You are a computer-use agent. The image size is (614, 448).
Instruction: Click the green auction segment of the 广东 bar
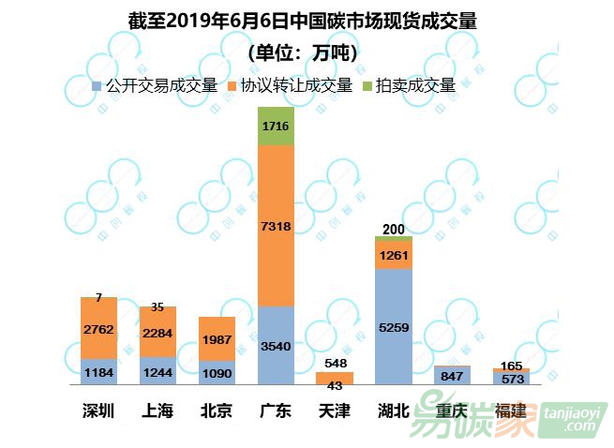[276, 126]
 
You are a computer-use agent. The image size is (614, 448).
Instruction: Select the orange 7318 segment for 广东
[276, 226]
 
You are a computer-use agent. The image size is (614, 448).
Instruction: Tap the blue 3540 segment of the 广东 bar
[276, 345]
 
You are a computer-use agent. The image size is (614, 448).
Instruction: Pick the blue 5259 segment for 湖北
[394, 326]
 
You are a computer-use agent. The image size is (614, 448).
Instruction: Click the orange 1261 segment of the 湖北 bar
[394, 255]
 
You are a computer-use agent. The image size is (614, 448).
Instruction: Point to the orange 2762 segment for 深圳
[98, 328]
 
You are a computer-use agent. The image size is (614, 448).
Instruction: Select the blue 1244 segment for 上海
[157, 371]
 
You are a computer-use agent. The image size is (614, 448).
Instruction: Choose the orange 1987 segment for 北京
[217, 338]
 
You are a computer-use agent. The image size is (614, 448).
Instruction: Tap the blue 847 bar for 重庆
[453, 376]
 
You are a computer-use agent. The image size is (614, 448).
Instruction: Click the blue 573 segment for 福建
[511, 379]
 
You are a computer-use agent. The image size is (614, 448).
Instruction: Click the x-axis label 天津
[335, 411]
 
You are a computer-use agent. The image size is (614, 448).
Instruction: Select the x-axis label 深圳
[98, 411]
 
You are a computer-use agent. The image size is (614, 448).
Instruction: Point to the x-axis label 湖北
[394, 411]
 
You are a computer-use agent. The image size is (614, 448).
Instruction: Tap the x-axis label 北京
[217, 411]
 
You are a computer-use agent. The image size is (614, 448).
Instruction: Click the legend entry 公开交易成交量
[155, 85]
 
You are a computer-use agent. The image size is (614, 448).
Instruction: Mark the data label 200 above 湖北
[394, 229]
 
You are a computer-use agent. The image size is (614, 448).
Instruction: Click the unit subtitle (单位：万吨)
[303, 52]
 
